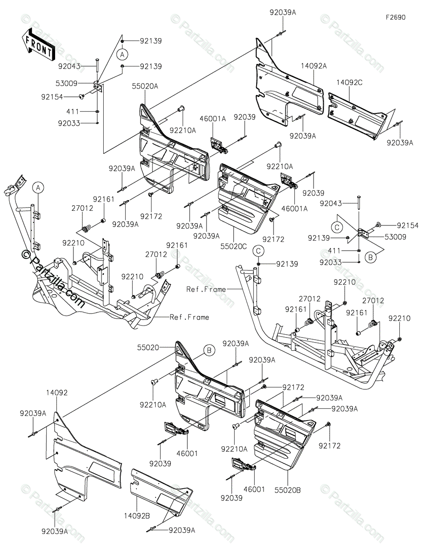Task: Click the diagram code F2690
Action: point(395,17)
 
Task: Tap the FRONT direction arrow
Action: point(38,45)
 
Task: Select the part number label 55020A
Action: point(145,86)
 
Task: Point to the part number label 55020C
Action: point(233,246)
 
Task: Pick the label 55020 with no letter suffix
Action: point(148,348)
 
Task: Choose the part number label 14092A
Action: point(314,66)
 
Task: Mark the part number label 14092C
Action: point(349,82)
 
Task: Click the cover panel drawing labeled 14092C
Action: point(357,115)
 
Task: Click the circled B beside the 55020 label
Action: point(209,350)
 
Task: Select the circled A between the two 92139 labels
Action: point(123,54)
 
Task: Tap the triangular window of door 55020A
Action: point(144,113)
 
